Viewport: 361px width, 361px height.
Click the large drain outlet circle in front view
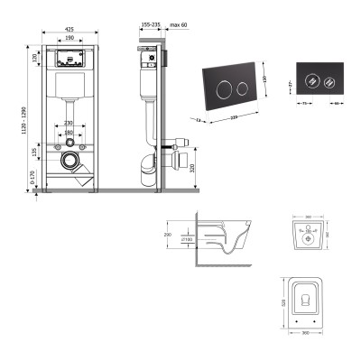pos(71,162)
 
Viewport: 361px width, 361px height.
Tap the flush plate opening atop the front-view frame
pos(69,59)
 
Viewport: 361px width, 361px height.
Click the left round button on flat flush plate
pos(312,77)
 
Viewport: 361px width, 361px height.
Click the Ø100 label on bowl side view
pos(188,241)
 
